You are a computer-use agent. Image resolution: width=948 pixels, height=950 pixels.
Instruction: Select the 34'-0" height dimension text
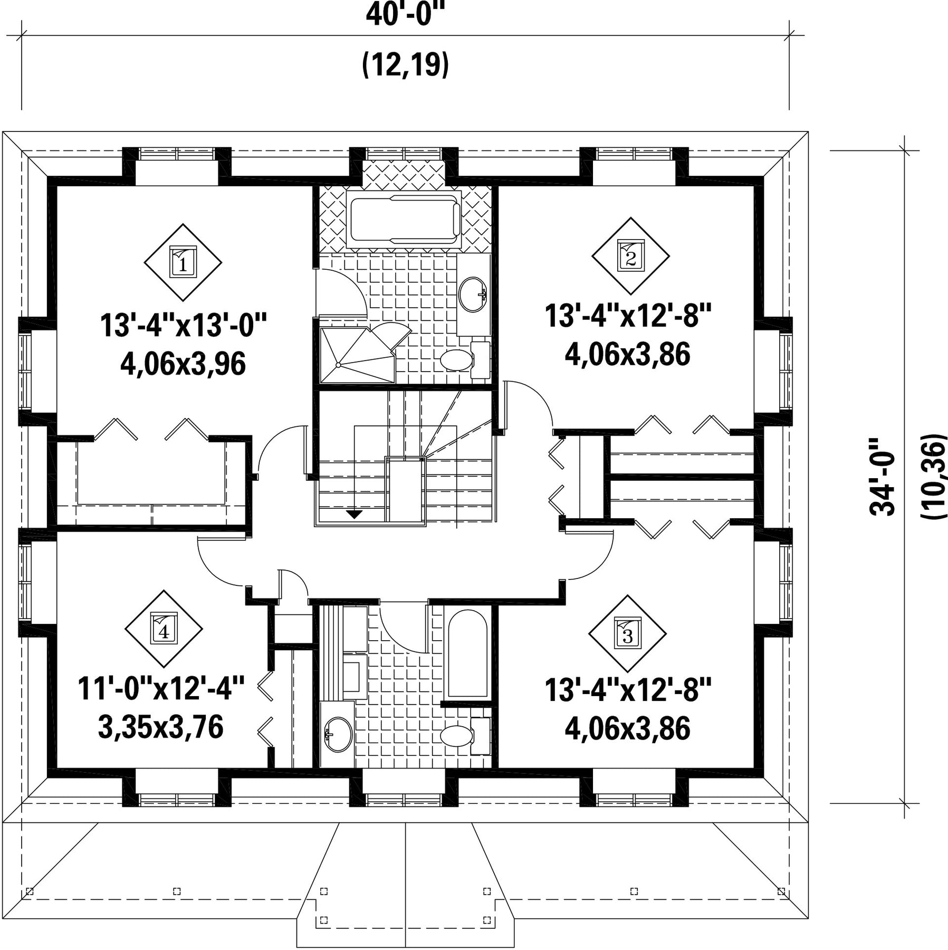(x=883, y=477)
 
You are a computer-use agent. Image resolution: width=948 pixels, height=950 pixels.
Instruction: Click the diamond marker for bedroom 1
(x=183, y=262)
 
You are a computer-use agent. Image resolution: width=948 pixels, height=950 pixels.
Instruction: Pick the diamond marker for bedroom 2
(x=630, y=256)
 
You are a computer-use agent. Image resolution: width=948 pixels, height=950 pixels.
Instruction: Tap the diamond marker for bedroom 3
(x=627, y=633)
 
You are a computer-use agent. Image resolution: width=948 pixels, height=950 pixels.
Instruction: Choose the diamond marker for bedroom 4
(x=164, y=629)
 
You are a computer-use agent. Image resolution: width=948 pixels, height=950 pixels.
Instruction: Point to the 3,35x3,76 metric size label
(x=161, y=727)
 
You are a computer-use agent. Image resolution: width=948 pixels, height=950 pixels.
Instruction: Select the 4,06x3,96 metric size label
(x=183, y=364)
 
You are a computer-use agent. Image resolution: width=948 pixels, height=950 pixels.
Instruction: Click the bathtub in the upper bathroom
(x=404, y=219)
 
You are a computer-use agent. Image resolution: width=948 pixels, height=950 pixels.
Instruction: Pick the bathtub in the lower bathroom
(x=467, y=654)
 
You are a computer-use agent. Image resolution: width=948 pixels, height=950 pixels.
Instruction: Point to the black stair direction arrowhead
(x=354, y=514)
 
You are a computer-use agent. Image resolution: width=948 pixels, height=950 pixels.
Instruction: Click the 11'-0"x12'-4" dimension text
(x=161, y=689)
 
